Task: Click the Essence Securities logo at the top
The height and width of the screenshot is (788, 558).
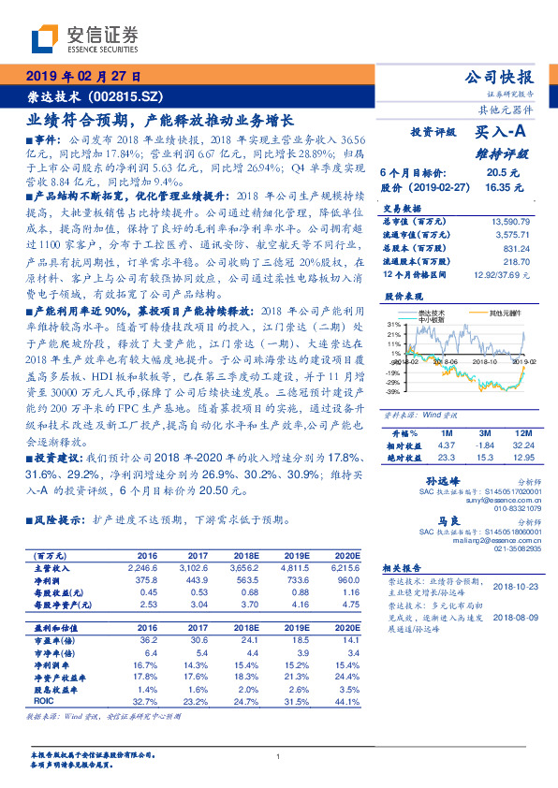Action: click(84, 38)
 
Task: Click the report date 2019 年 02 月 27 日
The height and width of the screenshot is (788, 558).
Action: click(83, 76)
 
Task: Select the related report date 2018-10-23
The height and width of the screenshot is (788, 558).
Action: click(512, 587)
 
